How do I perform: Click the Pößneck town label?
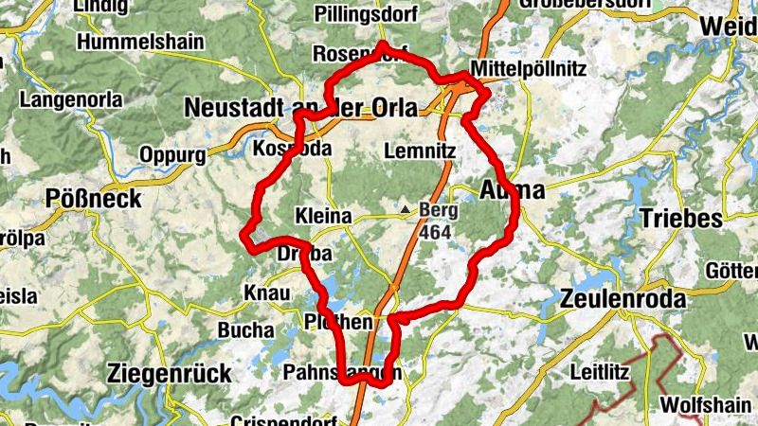pyautogui.click(x=94, y=199)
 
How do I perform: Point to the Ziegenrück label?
pyautogui.click(x=170, y=372)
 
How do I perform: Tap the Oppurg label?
pyautogui.click(x=171, y=153)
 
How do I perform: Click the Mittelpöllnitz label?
pyautogui.click(x=529, y=70)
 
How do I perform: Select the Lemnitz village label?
pyautogui.click(x=422, y=151)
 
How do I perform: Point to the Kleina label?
pyautogui.click(x=323, y=217)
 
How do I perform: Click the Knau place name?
pyautogui.click(x=266, y=293)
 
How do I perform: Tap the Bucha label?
pyautogui.click(x=246, y=330)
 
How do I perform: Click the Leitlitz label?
pyautogui.click(x=600, y=372)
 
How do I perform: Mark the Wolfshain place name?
pyautogui.click(x=706, y=404)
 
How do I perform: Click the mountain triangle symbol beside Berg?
pyautogui.click(x=406, y=209)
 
